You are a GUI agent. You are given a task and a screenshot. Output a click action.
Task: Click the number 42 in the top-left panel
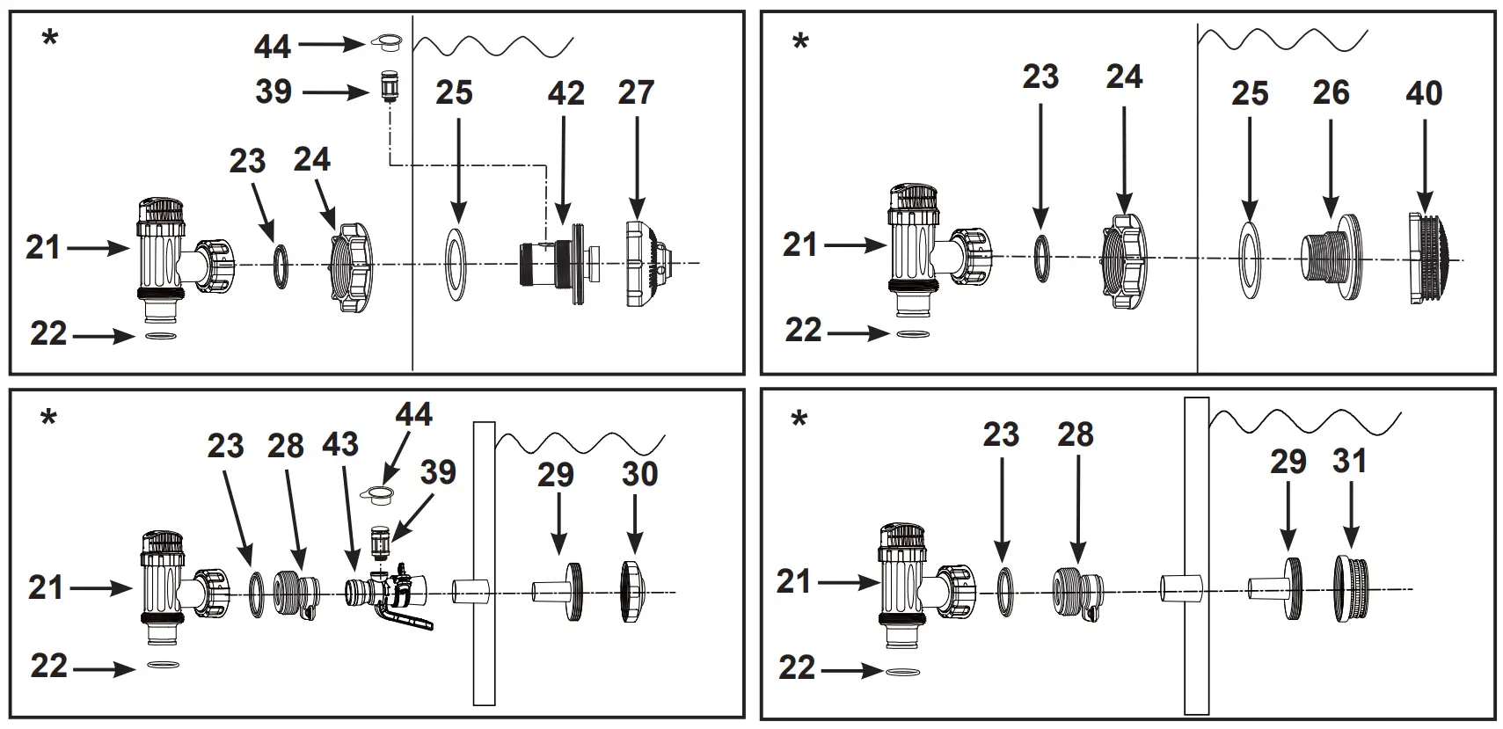click(x=565, y=93)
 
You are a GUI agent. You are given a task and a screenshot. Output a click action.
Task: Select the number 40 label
click(x=1424, y=92)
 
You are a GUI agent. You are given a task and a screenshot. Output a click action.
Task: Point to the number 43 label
click(x=340, y=444)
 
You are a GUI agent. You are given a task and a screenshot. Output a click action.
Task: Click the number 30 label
click(x=639, y=474)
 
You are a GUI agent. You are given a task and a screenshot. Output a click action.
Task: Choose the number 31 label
click(x=1349, y=460)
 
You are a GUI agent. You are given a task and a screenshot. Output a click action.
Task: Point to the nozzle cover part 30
click(x=634, y=592)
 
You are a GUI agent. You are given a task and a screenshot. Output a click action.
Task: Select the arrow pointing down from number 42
click(x=564, y=167)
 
